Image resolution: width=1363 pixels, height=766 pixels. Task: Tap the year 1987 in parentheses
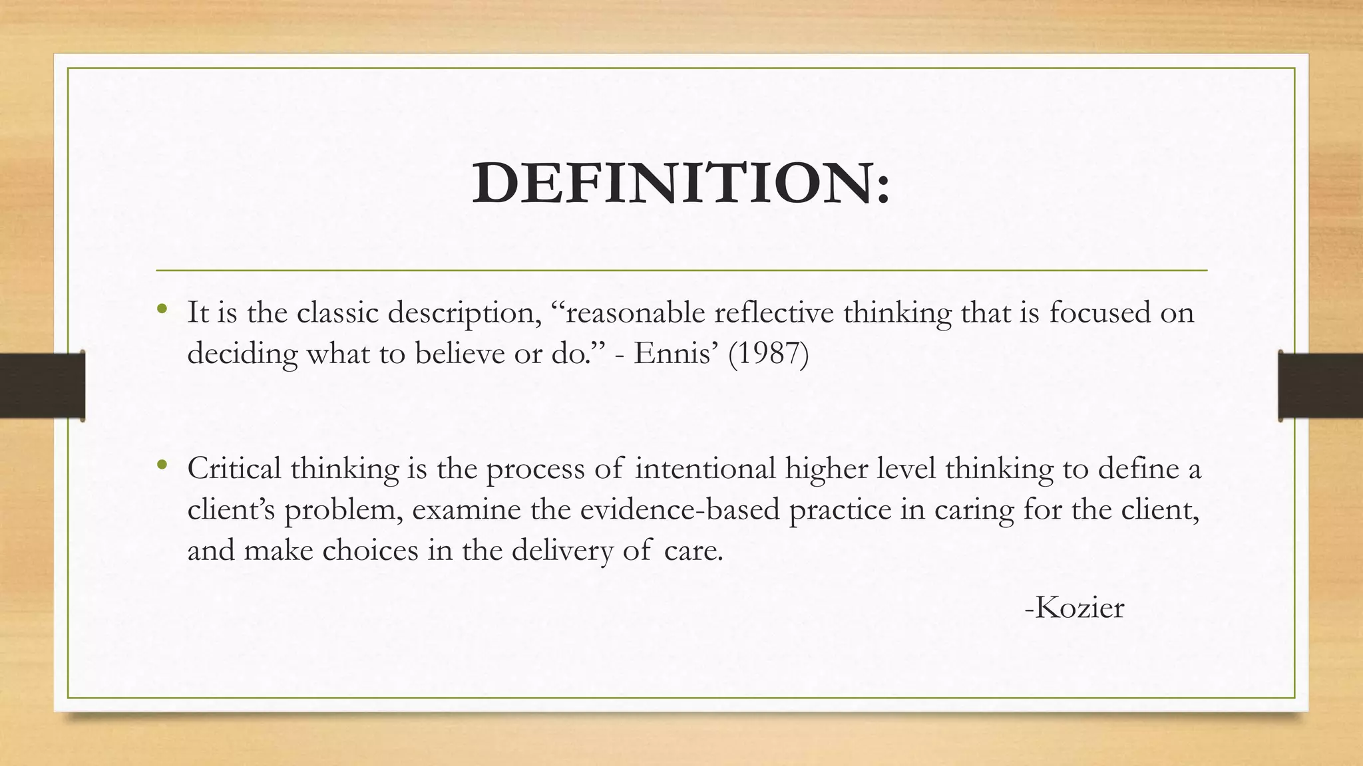point(769,353)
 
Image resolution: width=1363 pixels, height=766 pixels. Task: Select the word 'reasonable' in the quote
point(635,313)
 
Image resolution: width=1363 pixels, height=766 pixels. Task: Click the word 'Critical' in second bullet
point(234,468)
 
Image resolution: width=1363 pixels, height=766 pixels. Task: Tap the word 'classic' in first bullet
point(337,313)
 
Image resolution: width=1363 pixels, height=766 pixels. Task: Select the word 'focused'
point(1101,313)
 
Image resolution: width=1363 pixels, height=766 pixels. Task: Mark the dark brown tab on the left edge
point(42,386)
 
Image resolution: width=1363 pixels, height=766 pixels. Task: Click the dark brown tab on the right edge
point(1320,386)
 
